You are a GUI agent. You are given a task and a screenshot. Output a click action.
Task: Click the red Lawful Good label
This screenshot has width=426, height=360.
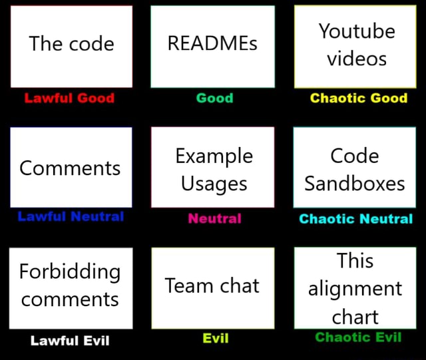[69, 98]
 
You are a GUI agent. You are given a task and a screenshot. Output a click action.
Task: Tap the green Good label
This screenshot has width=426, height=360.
[214, 98]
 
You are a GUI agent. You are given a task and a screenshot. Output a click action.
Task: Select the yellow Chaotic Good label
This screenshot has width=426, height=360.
[358, 98]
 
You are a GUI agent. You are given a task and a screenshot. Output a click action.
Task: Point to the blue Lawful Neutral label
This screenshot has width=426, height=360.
[71, 216]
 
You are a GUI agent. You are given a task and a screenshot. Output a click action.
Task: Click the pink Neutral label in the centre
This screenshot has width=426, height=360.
[214, 218]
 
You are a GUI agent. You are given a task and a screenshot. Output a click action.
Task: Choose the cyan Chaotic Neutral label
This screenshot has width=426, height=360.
[355, 218]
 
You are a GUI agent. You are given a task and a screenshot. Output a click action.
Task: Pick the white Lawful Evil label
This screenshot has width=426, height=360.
[70, 340]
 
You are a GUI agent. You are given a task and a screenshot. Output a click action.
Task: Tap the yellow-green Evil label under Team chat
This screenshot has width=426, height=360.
[215, 338]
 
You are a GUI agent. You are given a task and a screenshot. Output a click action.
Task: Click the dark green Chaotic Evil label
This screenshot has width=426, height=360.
[358, 337]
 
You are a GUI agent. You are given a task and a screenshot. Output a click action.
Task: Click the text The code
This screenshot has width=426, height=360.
[71, 44]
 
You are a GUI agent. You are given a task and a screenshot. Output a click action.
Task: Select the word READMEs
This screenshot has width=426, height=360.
[212, 44]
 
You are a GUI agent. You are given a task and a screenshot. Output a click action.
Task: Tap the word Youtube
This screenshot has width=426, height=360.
[356, 31]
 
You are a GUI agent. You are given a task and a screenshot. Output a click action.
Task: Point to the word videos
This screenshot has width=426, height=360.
[356, 59]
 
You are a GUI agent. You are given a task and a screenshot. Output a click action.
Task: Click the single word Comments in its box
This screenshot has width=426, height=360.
[70, 168]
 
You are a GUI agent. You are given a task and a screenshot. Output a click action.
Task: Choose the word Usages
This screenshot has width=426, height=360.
[214, 183]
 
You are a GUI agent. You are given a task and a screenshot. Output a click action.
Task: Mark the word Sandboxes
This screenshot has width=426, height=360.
[355, 183]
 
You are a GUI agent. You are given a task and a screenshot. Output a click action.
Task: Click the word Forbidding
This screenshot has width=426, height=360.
[70, 271]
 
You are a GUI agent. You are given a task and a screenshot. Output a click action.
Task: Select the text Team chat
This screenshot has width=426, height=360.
[212, 285]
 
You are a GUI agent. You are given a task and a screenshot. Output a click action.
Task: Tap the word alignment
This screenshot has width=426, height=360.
[355, 289]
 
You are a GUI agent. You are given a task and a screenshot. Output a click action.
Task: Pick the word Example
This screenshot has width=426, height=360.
[214, 156]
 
